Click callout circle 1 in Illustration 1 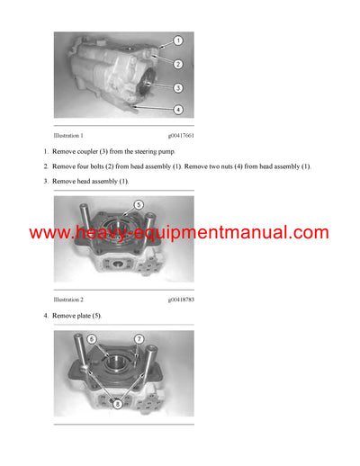(178, 41)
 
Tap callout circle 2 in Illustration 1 (178, 64)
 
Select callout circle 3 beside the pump (178, 87)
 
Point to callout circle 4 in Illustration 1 (178, 110)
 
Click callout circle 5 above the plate (139, 204)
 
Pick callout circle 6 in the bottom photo (92, 339)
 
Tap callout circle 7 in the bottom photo (139, 339)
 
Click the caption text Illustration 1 (74, 135)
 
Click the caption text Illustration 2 (74, 299)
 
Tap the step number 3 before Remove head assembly (45, 182)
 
